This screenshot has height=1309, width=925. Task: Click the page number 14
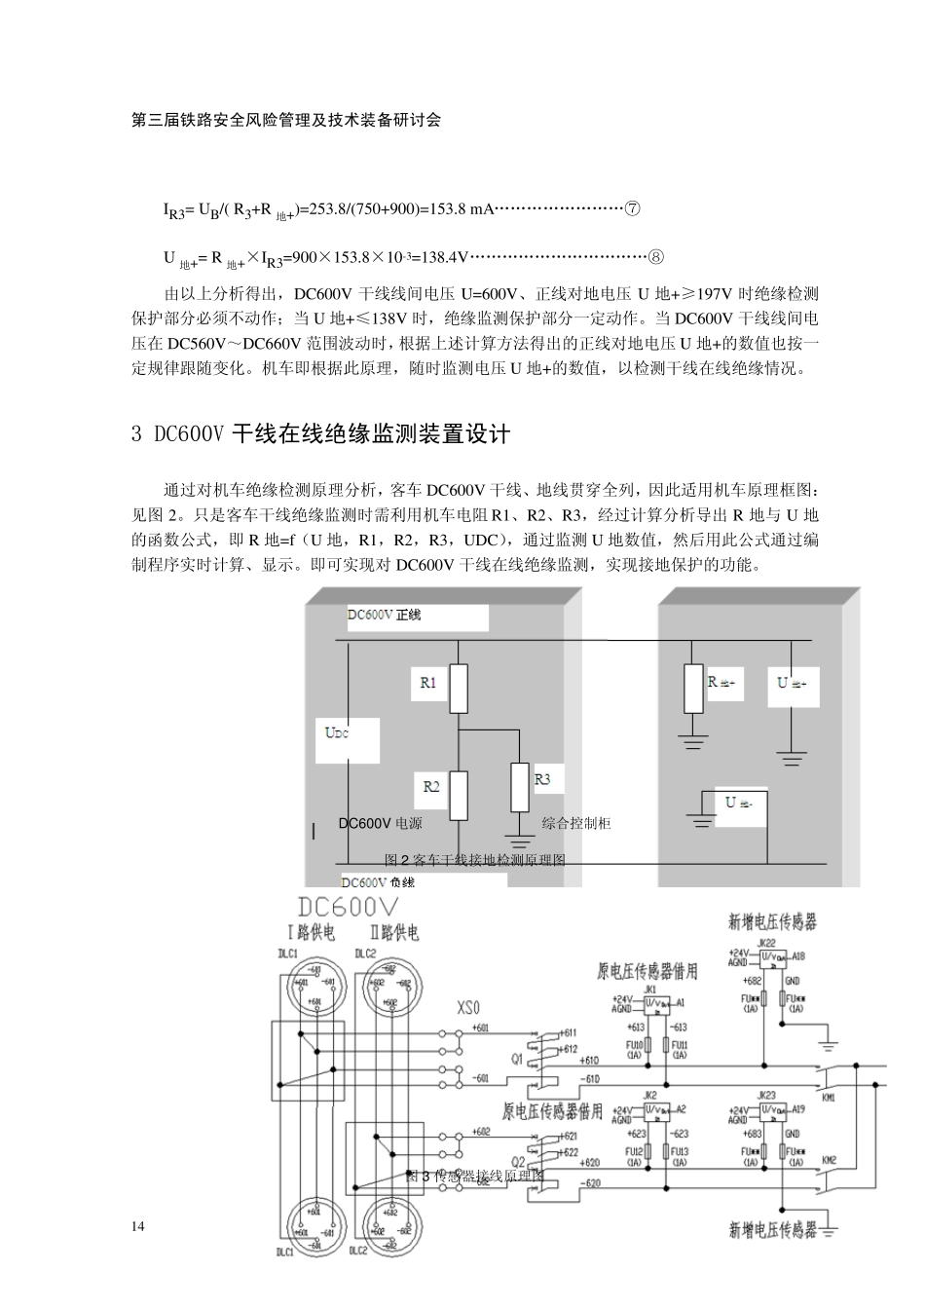[x=137, y=1226]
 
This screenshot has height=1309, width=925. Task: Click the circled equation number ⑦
[x=632, y=209]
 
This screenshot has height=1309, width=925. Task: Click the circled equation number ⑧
[x=656, y=257]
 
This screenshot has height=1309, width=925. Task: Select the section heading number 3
[x=136, y=434]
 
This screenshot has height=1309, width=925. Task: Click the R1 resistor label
[x=428, y=683]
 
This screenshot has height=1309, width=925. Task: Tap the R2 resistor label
[x=431, y=786]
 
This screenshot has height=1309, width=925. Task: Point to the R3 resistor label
[x=542, y=779]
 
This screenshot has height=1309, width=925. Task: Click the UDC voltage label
[x=337, y=732]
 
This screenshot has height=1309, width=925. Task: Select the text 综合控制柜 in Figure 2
[x=576, y=823]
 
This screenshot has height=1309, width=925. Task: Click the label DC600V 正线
[x=385, y=616]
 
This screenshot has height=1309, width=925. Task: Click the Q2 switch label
[x=519, y=1161]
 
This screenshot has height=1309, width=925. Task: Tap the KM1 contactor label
[x=829, y=1097]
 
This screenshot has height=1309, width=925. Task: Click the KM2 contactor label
[x=829, y=1161]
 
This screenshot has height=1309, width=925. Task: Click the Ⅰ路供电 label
[x=311, y=933]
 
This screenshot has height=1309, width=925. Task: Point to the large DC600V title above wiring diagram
[x=350, y=907]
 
